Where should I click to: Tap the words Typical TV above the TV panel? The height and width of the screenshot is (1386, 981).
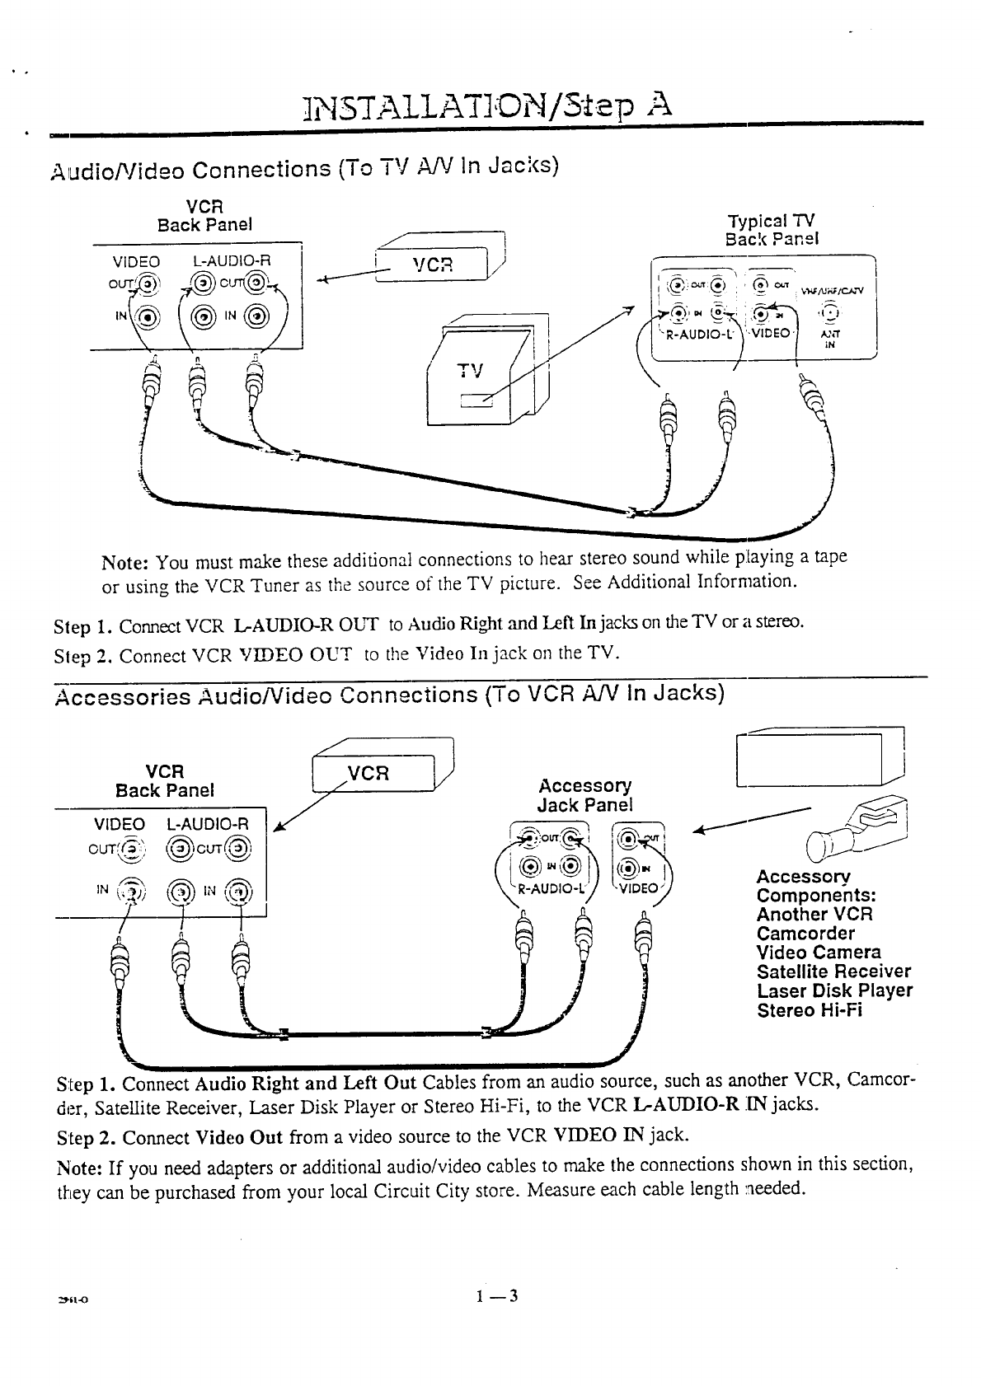(x=771, y=222)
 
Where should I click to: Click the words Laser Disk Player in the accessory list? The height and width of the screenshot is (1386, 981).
(x=833, y=990)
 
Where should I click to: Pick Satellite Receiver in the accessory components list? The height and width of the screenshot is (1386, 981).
(x=833, y=972)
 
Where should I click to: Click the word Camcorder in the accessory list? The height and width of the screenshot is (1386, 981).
(x=805, y=934)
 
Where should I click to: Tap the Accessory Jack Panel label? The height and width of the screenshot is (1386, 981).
(x=584, y=795)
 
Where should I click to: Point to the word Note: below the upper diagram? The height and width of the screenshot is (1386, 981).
(x=124, y=564)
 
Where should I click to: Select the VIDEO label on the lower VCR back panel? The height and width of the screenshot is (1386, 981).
(x=120, y=824)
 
